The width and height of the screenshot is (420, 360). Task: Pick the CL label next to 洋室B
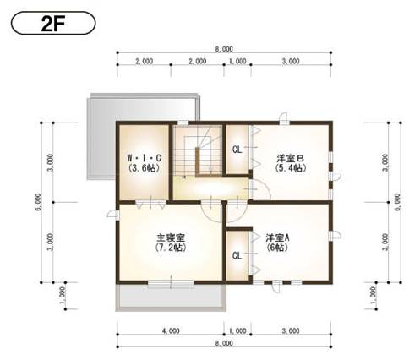[x=238, y=150]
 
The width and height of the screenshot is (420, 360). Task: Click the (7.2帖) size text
[x=166, y=249]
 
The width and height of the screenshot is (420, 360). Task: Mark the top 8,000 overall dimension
[x=224, y=50]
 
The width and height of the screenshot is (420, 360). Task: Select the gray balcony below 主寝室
[x=170, y=297]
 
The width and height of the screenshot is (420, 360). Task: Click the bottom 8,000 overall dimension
[x=224, y=345]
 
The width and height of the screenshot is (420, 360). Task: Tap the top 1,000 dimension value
[x=237, y=62]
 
